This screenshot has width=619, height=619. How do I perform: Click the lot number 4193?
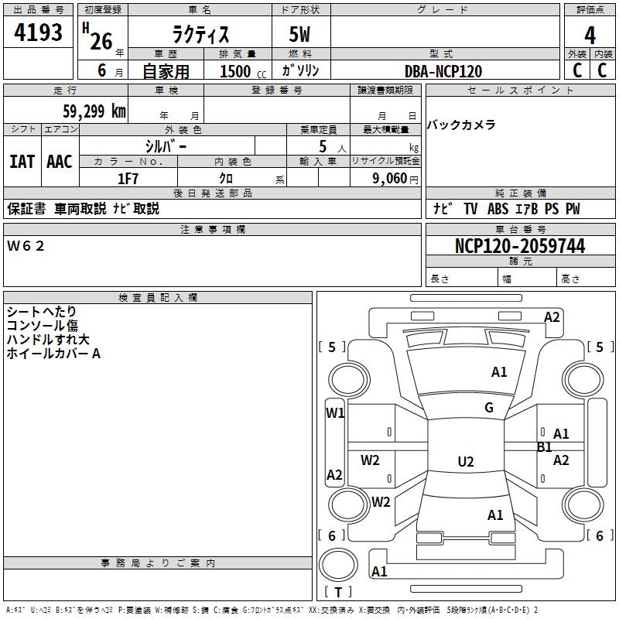(x=38, y=32)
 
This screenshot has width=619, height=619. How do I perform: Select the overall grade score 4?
(x=590, y=35)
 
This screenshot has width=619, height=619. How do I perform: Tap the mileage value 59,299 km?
(x=94, y=111)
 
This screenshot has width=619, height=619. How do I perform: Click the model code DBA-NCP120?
(x=443, y=71)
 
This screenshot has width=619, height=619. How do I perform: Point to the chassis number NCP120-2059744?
(x=520, y=245)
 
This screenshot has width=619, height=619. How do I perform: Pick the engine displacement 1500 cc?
(x=243, y=71)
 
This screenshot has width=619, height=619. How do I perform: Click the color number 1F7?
(x=128, y=179)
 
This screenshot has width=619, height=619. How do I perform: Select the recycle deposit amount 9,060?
(x=390, y=179)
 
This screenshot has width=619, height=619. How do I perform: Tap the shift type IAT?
(x=22, y=162)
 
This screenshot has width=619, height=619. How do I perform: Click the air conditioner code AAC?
(x=60, y=162)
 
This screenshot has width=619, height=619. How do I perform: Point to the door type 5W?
(x=299, y=34)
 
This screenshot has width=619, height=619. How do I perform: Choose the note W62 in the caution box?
(x=26, y=246)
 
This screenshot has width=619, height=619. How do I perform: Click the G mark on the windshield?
(x=489, y=407)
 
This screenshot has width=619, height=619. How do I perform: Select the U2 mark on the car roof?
(x=466, y=461)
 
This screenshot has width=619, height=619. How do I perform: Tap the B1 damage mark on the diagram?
(x=545, y=447)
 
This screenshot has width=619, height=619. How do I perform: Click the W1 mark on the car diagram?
(x=335, y=413)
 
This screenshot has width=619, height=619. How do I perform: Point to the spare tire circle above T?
(x=338, y=565)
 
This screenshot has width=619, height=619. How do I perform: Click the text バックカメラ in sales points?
(x=461, y=125)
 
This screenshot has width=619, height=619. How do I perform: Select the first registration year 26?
(x=101, y=42)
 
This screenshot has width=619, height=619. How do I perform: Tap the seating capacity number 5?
(x=323, y=146)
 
